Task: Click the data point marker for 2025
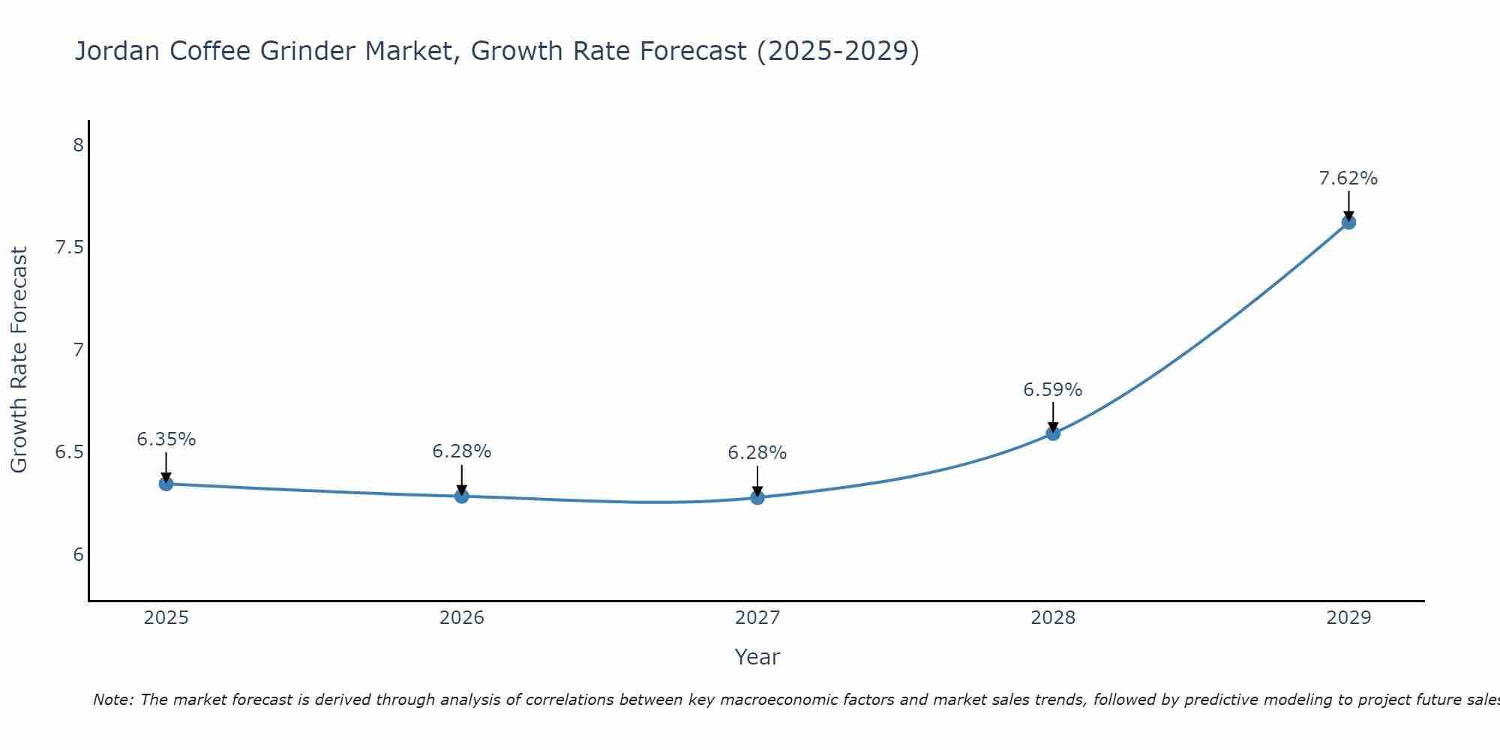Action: coord(166,484)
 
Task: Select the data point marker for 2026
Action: coord(461,496)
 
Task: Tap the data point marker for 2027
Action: coord(757,497)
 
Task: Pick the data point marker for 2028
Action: coord(1053,433)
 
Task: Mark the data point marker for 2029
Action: coord(1348,222)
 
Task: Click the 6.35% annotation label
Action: coord(166,439)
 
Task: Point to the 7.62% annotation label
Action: coord(1348,178)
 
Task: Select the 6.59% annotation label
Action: coord(1053,390)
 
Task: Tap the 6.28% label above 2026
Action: coord(461,451)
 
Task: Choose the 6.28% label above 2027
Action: coord(757,453)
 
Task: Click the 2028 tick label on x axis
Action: coord(1053,618)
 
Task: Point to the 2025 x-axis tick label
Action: coord(166,618)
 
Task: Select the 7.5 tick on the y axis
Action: coord(69,247)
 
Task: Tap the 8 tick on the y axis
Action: coord(78,145)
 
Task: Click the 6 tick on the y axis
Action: coord(78,555)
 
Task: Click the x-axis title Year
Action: coord(757,657)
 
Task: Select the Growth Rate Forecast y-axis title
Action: coord(19,360)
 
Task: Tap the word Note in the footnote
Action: coord(112,700)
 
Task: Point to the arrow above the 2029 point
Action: coord(1348,204)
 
